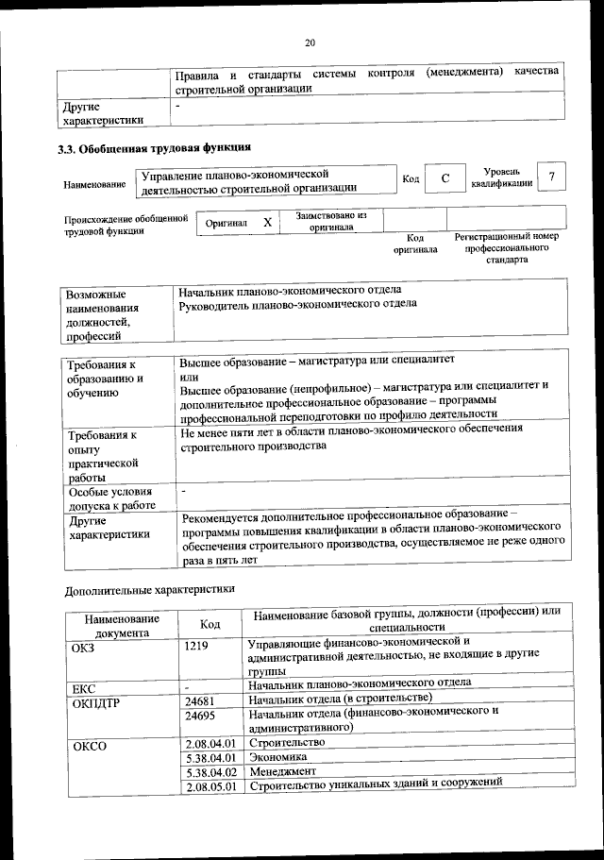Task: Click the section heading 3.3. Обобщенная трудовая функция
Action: tap(155, 147)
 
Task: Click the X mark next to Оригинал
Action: tap(267, 222)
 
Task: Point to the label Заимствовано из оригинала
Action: tap(331, 221)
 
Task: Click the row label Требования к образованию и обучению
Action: tap(103, 378)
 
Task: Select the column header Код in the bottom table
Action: tap(210, 625)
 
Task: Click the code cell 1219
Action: tap(196, 647)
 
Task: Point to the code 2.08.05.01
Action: tap(210, 786)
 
